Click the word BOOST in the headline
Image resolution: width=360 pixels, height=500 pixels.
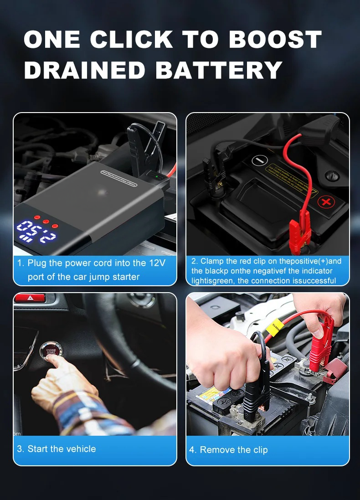(275, 40)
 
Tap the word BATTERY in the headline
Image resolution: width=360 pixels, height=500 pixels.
(219, 70)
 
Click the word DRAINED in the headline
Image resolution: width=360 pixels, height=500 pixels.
(84, 70)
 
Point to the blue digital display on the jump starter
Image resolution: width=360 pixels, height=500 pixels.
(36, 232)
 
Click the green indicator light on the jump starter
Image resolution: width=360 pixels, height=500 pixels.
(157, 177)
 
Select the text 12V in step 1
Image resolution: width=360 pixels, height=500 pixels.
(156, 263)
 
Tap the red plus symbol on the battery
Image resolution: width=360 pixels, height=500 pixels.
(324, 201)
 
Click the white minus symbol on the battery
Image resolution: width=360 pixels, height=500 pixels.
(258, 161)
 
